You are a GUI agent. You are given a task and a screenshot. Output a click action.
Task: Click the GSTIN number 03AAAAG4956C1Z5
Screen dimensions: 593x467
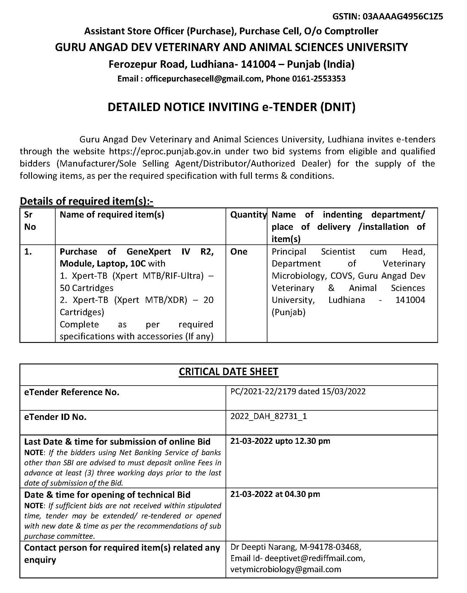[x=402, y=16]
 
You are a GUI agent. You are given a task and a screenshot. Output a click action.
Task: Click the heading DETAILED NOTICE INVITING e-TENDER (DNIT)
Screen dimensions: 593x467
[x=232, y=107]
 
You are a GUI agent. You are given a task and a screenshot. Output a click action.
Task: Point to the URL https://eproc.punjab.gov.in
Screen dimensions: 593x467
[x=165, y=151]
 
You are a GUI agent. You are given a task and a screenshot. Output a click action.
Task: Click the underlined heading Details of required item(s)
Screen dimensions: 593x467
[x=86, y=201]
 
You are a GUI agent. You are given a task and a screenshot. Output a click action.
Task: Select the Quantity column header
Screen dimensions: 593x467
[x=248, y=215]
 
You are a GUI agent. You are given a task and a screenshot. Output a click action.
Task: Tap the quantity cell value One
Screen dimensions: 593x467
[x=239, y=252]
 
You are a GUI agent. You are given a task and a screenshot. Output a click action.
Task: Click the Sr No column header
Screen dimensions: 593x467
[x=30, y=221]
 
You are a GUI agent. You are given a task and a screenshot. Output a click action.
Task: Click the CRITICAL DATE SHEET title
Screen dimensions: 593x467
[x=229, y=372]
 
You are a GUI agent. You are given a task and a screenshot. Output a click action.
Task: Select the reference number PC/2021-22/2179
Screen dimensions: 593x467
[x=263, y=392]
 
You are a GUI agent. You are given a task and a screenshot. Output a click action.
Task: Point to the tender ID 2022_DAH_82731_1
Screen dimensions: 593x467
[x=268, y=416]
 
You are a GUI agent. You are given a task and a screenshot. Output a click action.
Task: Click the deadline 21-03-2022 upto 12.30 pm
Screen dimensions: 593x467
[x=280, y=441]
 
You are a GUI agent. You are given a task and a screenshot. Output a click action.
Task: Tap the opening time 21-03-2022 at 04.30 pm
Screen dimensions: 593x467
[x=275, y=494]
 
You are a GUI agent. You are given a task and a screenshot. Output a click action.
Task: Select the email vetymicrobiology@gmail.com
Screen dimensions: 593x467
[x=286, y=569]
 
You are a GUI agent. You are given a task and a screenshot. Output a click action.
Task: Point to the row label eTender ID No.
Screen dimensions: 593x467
[x=55, y=417]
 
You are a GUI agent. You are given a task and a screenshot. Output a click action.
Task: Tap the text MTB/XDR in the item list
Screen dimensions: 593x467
[x=166, y=300]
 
